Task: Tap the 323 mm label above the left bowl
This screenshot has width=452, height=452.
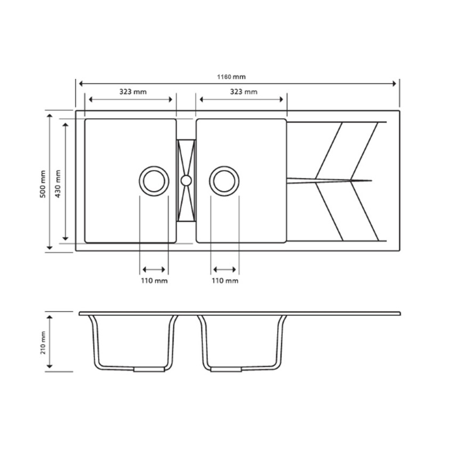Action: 132,91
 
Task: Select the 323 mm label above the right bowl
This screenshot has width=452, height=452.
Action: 243,91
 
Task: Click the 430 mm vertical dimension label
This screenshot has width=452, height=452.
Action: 58,184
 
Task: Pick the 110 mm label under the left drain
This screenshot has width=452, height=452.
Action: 154,281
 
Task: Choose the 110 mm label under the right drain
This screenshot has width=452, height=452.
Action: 225,281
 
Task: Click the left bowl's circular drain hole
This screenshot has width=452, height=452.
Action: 154,180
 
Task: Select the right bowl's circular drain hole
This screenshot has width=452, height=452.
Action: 224,180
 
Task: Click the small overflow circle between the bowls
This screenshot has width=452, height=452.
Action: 186,180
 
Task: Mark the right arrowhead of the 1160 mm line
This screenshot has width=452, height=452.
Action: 395,83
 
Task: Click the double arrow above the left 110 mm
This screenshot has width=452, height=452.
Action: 154,270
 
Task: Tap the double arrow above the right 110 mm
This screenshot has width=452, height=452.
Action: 224,270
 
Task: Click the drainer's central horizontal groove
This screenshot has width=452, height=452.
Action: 330,180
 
